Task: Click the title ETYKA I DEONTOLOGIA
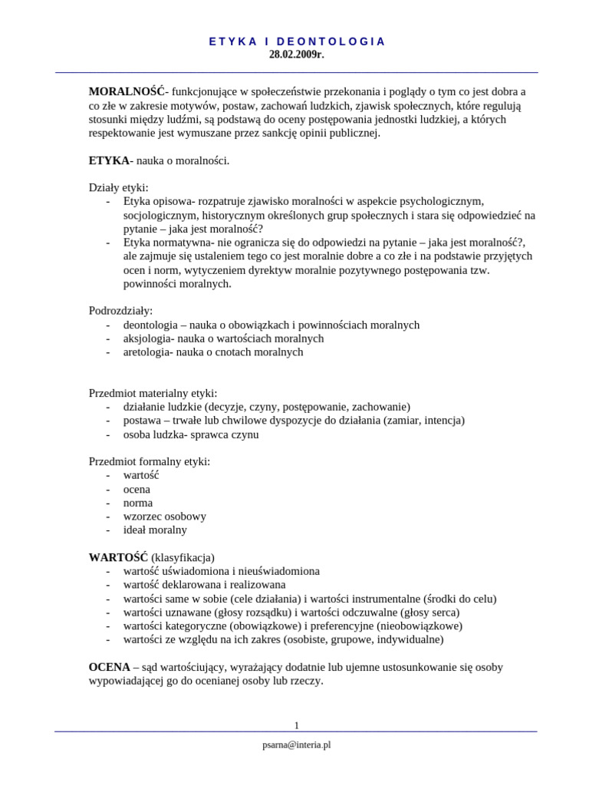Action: click(x=297, y=41)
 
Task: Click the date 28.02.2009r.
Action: click(x=296, y=54)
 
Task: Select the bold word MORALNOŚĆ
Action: click(x=127, y=92)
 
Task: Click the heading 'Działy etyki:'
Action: click(x=119, y=187)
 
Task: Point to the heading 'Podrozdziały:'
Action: click(x=121, y=311)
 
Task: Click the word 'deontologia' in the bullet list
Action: click(x=150, y=325)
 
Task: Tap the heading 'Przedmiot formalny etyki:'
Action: click(x=150, y=461)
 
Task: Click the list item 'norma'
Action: click(x=138, y=503)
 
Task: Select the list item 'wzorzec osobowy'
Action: click(x=164, y=517)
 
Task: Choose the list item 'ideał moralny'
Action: click(x=155, y=530)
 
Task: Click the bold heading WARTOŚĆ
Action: click(x=118, y=557)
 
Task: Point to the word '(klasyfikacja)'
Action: click(x=183, y=557)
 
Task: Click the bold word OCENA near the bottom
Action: click(x=109, y=667)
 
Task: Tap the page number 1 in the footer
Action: click(x=297, y=725)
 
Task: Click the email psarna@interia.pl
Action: click(x=297, y=745)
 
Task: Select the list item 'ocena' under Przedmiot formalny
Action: click(x=137, y=489)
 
